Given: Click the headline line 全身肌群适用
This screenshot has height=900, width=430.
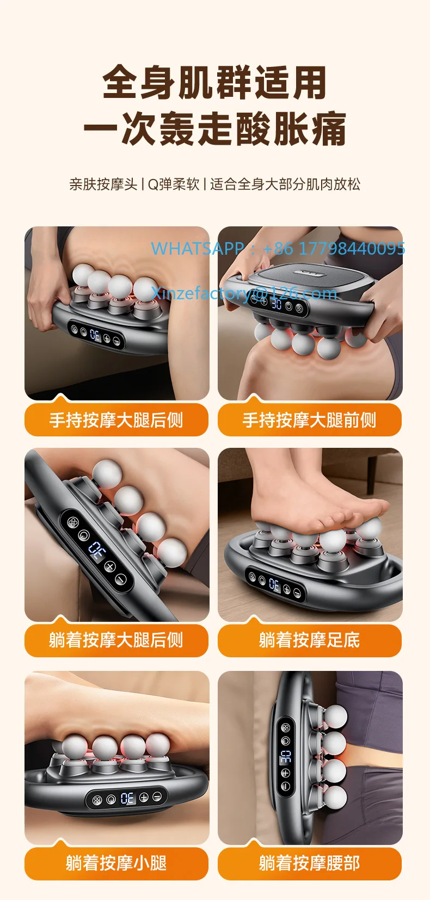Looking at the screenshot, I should pyautogui.click(x=214, y=83).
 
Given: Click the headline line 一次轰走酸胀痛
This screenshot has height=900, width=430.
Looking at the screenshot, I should pyautogui.click(x=214, y=130).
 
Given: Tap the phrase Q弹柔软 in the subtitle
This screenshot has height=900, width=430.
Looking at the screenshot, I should pyautogui.click(x=174, y=184).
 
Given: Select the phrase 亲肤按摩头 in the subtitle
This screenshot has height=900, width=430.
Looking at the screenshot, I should pyautogui.click(x=103, y=184).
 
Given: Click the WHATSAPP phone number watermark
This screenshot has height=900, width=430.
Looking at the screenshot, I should pyautogui.click(x=278, y=249).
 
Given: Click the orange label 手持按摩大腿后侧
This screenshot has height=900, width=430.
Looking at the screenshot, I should pyautogui.click(x=116, y=420).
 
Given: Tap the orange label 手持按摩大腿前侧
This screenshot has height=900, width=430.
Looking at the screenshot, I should pyautogui.click(x=309, y=420).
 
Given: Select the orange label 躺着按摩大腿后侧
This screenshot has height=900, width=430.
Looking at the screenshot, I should pyautogui.click(x=116, y=640).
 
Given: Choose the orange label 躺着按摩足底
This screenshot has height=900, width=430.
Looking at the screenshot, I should pyautogui.click(x=309, y=640).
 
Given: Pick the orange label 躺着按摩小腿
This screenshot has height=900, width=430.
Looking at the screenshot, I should pyautogui.click(x=116, y=863).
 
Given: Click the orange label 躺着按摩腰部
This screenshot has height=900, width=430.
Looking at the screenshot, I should pyautogui.click(x=309, y=863).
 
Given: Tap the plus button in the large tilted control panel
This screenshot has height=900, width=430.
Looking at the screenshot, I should pyautogui.click(x=109, y=566).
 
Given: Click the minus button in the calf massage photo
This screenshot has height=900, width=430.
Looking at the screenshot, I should pyautogui.click(x=157, y=796).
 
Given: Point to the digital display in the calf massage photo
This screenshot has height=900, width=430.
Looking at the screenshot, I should pyautogui.click(x=127, y=798).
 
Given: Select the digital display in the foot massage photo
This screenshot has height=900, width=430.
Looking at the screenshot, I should pyautogui.click(x=274, y=585).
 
